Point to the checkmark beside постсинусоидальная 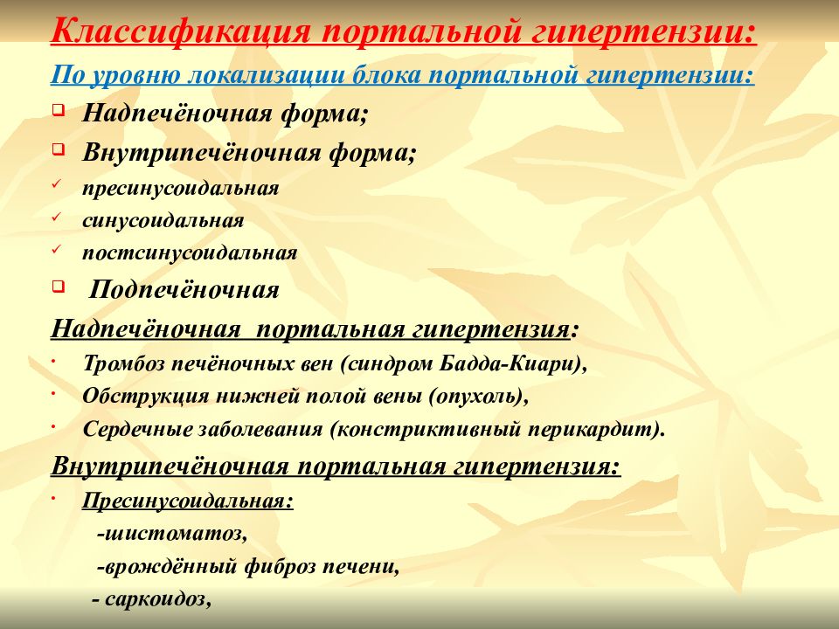coord(56,250)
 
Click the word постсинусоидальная coord(191,253)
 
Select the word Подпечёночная coord(185,290)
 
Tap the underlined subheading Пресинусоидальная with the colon coord(188,501)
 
